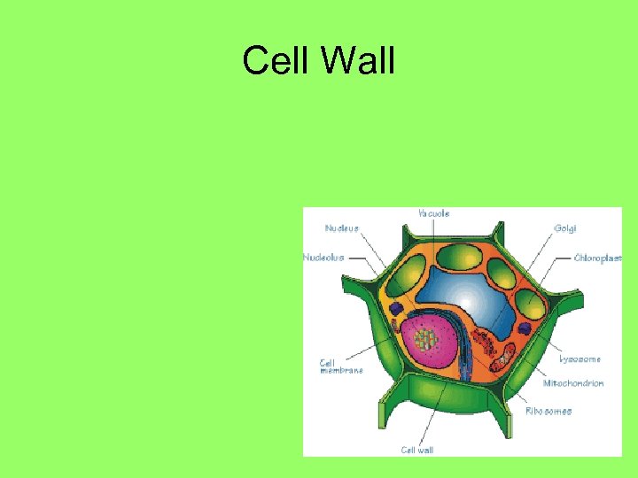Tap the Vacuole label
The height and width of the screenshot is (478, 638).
[x=433, y=213]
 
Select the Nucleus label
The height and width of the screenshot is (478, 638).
[x=342, y=228]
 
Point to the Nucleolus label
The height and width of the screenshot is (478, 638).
[x=323, y=258]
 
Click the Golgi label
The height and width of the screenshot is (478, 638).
[x=564, y=228]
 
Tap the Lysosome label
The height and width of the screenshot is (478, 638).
[x=580, y=359]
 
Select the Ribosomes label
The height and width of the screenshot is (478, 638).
[x=549, y=411]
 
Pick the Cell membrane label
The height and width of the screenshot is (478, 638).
[x=341, y=366]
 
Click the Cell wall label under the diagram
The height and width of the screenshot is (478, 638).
[x=417, y=450]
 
